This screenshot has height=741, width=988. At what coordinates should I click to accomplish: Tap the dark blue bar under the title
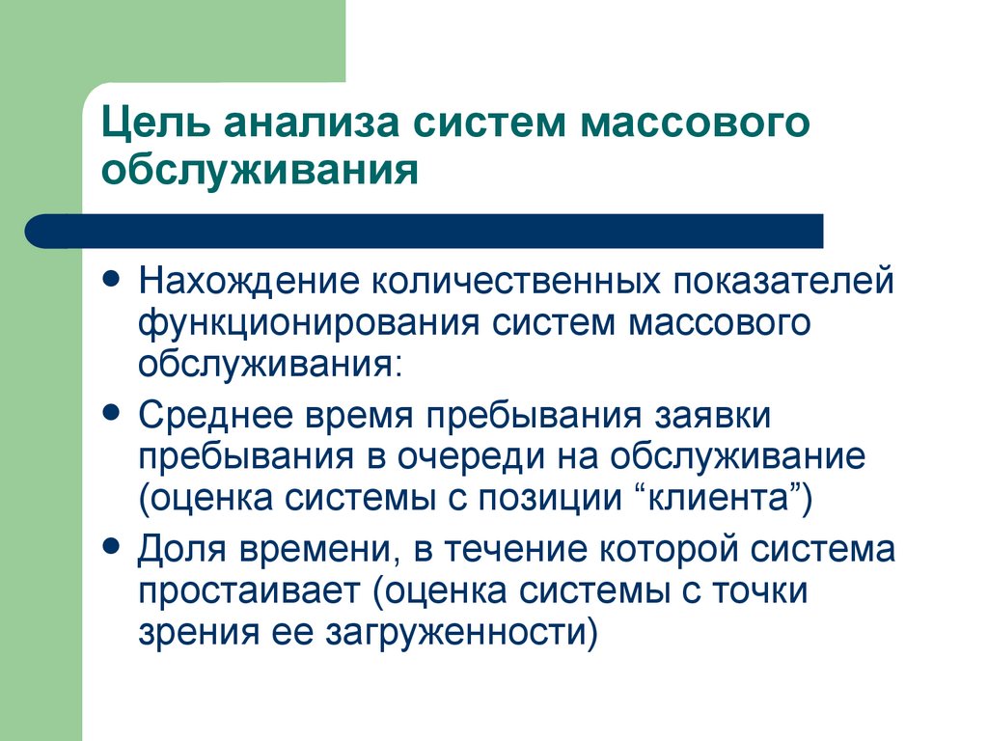point(425,232)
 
